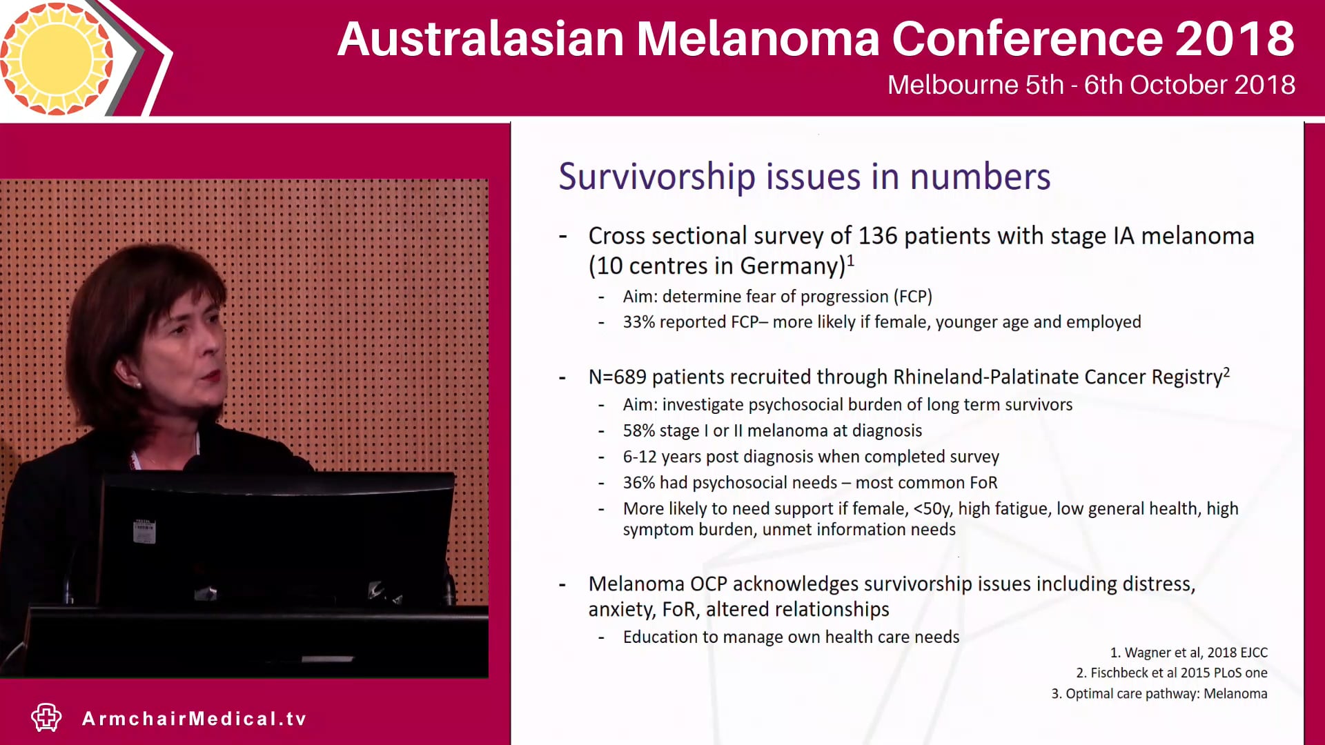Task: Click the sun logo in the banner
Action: pos(57,58)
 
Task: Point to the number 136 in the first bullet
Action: pos(878,236)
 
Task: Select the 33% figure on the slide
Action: pos(638,322)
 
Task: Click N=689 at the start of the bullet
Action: pos(617,377)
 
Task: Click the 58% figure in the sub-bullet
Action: pos(638,431)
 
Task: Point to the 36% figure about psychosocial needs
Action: pos(638,483)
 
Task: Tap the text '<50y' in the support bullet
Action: pos(932,509)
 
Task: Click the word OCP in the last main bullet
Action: pos(708,584)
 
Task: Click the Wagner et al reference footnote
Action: pos(1188,653)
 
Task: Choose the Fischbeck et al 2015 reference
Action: pos(1172,673)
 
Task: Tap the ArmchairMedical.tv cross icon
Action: pos(46,718)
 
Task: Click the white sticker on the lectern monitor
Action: pos(144,531)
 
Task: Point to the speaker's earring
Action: pos(138,384)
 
